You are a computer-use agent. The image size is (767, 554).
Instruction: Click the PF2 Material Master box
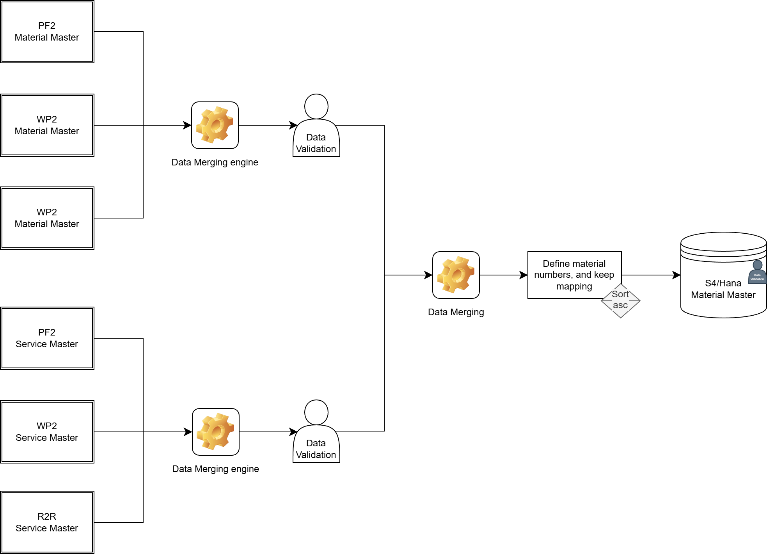tap(47, 32)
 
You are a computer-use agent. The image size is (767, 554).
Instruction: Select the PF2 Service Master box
tap(47, 338)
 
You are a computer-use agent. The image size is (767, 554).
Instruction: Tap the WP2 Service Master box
tap(47, 432)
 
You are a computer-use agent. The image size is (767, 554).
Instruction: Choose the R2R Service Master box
tap(47, 522)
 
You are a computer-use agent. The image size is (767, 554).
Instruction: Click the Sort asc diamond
tap(620, 301)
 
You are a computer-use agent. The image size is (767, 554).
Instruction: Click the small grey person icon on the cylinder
tap(757, 272)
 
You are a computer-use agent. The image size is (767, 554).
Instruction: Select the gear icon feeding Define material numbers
tap(456, 275)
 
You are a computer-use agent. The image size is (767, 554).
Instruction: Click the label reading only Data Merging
tap(456, 312)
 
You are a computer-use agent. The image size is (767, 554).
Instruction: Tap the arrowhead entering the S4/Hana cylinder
tap(677, 275)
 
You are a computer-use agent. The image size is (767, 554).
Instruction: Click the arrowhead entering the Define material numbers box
tap(524, 275)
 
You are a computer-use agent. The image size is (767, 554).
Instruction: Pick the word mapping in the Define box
tap(574, 286)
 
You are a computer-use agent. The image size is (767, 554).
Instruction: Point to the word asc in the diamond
tap(620, 305)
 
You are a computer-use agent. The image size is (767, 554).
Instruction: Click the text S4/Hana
tap(723, 283)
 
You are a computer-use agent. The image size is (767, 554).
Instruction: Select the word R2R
tap(47, 517)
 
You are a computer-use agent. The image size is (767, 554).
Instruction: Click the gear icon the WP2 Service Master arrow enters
tap(215, 432)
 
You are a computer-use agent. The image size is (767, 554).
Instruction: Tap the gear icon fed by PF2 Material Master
tap(215, 125)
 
